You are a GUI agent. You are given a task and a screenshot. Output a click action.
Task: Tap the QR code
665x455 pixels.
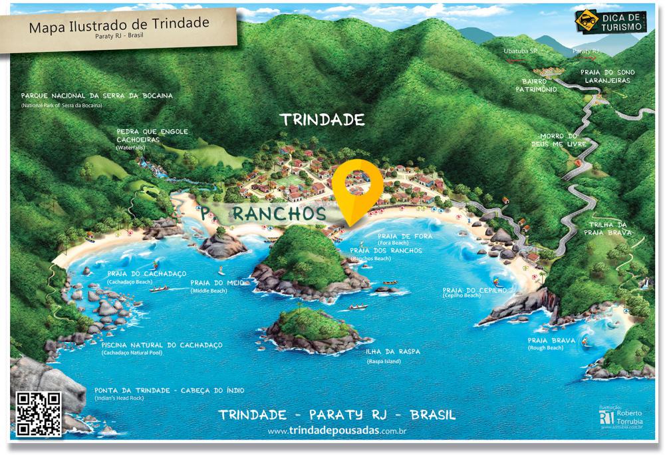pyautogui.click(x=39, y=414)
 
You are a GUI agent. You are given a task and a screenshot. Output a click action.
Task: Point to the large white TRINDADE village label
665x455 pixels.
pyautogui.click(x=323, y=120)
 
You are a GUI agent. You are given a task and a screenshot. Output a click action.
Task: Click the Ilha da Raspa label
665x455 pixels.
pyautogui.click(x=392, y=351)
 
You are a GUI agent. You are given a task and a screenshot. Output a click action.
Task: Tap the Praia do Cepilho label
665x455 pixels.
pyautogui.click(x=474, y=291)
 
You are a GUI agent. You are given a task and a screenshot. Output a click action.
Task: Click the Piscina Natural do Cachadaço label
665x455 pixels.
pyautogui.click(x=162, y=345)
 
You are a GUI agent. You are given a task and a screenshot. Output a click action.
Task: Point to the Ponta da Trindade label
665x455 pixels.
pyautogui.click(x=170, y=390)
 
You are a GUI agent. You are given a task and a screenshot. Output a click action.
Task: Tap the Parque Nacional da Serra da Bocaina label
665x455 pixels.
pyautogui.click(x=96, y=96)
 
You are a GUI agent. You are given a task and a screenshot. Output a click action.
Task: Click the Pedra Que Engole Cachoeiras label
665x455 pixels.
pyautogui.click(x=152, y=135)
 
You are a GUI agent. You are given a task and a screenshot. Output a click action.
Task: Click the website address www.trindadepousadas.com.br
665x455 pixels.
pyautogui.click(x=337, y=432)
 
